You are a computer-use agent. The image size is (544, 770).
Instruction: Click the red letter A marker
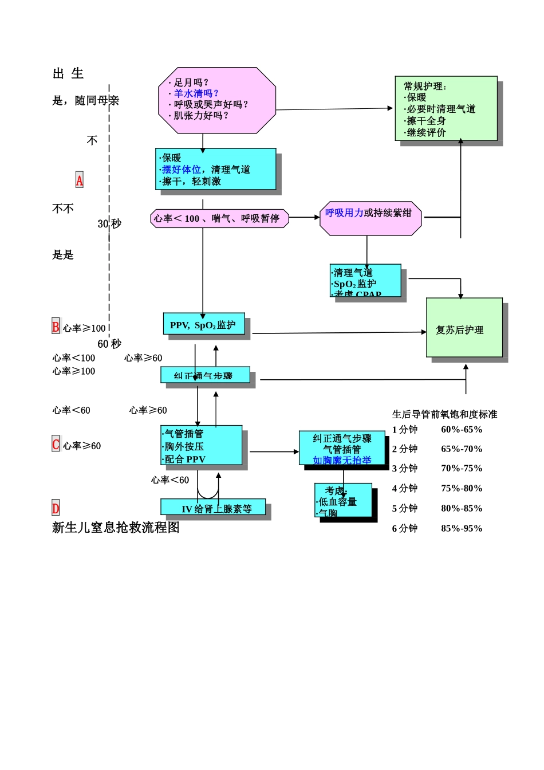tap(79, 180)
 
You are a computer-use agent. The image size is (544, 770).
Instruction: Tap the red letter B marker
tap(56, 327)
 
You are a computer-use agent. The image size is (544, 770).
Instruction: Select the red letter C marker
tap(56, 445)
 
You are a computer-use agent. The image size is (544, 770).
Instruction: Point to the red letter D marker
tap(56, 508)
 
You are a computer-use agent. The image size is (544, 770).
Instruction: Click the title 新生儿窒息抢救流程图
tap(116, 528)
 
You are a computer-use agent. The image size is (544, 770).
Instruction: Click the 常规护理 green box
tap(446, 109)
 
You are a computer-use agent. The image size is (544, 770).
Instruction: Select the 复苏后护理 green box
tap(464, 328)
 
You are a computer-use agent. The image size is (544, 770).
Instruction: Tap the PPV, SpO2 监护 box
tap(203, 324)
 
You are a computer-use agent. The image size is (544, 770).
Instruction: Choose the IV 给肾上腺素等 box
tap(213, 508)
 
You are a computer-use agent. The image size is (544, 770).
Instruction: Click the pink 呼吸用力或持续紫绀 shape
tap(370, 218)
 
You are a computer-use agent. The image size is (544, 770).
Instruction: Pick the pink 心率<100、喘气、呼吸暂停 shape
tap(219, 218)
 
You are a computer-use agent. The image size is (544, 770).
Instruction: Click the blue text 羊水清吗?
tap(196, 93)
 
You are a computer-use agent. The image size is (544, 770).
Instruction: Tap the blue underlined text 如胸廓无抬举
tap(342, 460)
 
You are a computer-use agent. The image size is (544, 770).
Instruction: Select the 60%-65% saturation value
tap(462, 430)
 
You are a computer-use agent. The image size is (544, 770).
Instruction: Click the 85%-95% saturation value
tap(462, 528)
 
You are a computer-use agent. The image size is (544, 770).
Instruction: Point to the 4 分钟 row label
tap(405, 488)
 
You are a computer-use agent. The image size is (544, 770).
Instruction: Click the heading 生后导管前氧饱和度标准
tap(444, 414)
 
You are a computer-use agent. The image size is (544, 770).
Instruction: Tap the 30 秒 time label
tap(109, 223)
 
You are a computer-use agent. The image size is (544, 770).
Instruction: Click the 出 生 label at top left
tap(68, 73)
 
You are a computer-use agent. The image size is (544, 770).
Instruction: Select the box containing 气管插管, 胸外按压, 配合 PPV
tap(201, 446)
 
